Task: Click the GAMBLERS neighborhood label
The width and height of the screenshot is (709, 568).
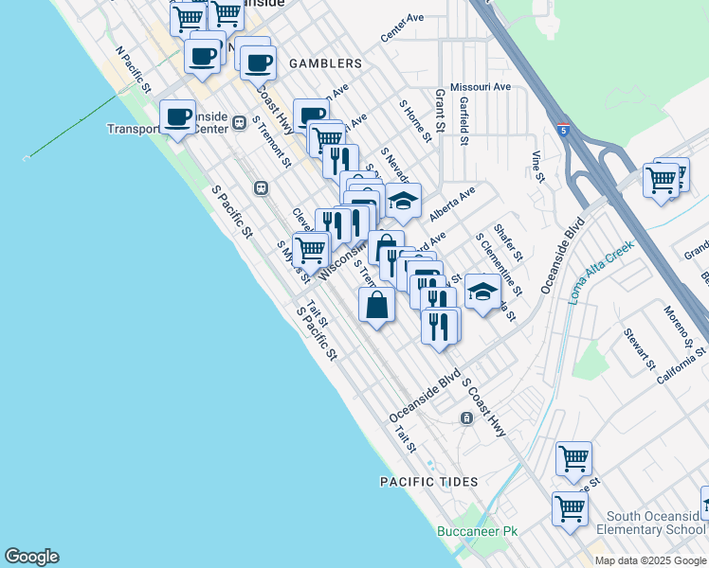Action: (x=321, y=63)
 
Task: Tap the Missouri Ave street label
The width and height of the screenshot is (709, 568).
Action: (x=481, y=87)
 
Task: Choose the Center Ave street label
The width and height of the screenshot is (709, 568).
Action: (x=402, y=28)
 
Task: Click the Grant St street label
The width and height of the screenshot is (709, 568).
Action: (x=440, y=111)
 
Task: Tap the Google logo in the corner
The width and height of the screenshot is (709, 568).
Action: (x=31, y=557)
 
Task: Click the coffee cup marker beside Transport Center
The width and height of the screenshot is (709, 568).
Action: (x=177, y=117)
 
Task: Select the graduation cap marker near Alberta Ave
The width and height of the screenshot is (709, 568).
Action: (x=403, y=201)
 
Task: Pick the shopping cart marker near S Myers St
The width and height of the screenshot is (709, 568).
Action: (x=310, y=250)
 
